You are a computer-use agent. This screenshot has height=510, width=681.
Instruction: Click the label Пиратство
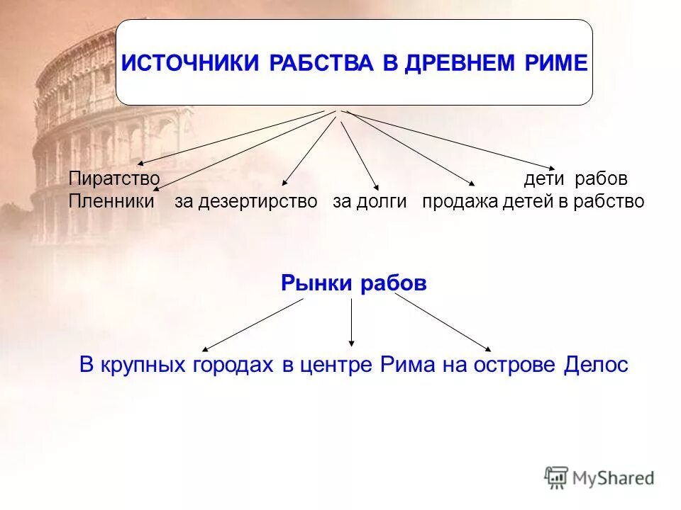coord(113,178)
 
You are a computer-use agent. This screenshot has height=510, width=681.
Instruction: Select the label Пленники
coord(111,202)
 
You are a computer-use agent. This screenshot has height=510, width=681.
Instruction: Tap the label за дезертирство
coord(246,202)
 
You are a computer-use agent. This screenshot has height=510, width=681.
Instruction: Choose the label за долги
coord(370,202)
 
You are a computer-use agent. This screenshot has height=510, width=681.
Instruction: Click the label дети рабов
coord(575,178)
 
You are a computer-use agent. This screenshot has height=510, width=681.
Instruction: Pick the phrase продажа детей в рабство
coord(533,202)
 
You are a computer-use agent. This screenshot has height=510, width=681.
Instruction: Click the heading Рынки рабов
coord(353,284)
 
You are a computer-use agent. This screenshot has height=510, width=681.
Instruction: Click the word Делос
coord(596,365)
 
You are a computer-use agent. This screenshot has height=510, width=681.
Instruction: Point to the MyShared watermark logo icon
coord(556,477)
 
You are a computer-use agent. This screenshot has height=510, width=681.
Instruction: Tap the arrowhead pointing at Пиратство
coord(140,164)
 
